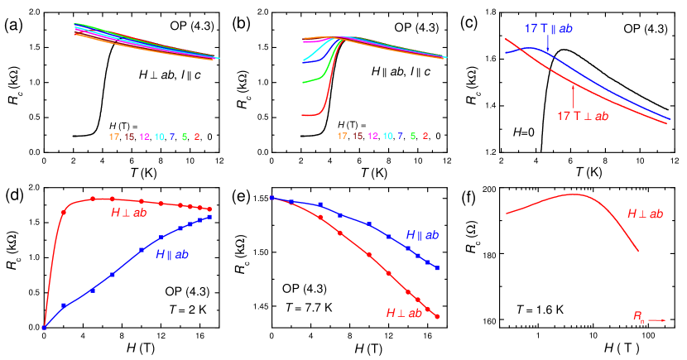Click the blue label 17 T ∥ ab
point(548,29)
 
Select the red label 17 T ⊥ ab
point(583,117)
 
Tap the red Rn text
point(638,315)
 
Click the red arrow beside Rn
point(657,319)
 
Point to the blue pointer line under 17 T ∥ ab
point(547,43)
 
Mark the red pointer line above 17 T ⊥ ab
point(573,96)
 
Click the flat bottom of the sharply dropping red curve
point(310,114)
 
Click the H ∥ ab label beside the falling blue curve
point(422,236)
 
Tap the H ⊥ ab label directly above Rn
point(645,214)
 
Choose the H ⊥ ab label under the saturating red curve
point(128,213)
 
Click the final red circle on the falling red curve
point(437,316)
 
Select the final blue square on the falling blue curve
point(437,269)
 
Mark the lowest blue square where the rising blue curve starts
point(44,328)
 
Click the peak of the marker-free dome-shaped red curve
point(573,194)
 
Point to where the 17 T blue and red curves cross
point(515,50)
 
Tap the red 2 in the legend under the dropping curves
point(425,136)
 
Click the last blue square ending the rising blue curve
point(209,217)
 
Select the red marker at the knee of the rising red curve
point(64,214)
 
